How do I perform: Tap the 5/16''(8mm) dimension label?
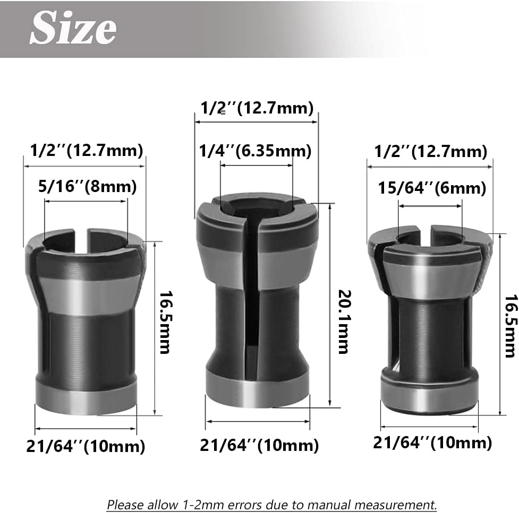coord(87,186)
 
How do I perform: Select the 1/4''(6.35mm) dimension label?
coord(255,151)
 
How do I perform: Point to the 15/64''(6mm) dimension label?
coord(432,188)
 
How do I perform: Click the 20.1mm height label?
coord(344,322)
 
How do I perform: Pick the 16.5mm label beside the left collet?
coord(165,323)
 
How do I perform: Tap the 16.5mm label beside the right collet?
coord(510,326)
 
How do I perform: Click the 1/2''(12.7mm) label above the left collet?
coord(87,150)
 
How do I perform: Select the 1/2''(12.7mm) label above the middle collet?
coord(257,108)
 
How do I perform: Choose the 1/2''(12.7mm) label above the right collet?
coord(431,152)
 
